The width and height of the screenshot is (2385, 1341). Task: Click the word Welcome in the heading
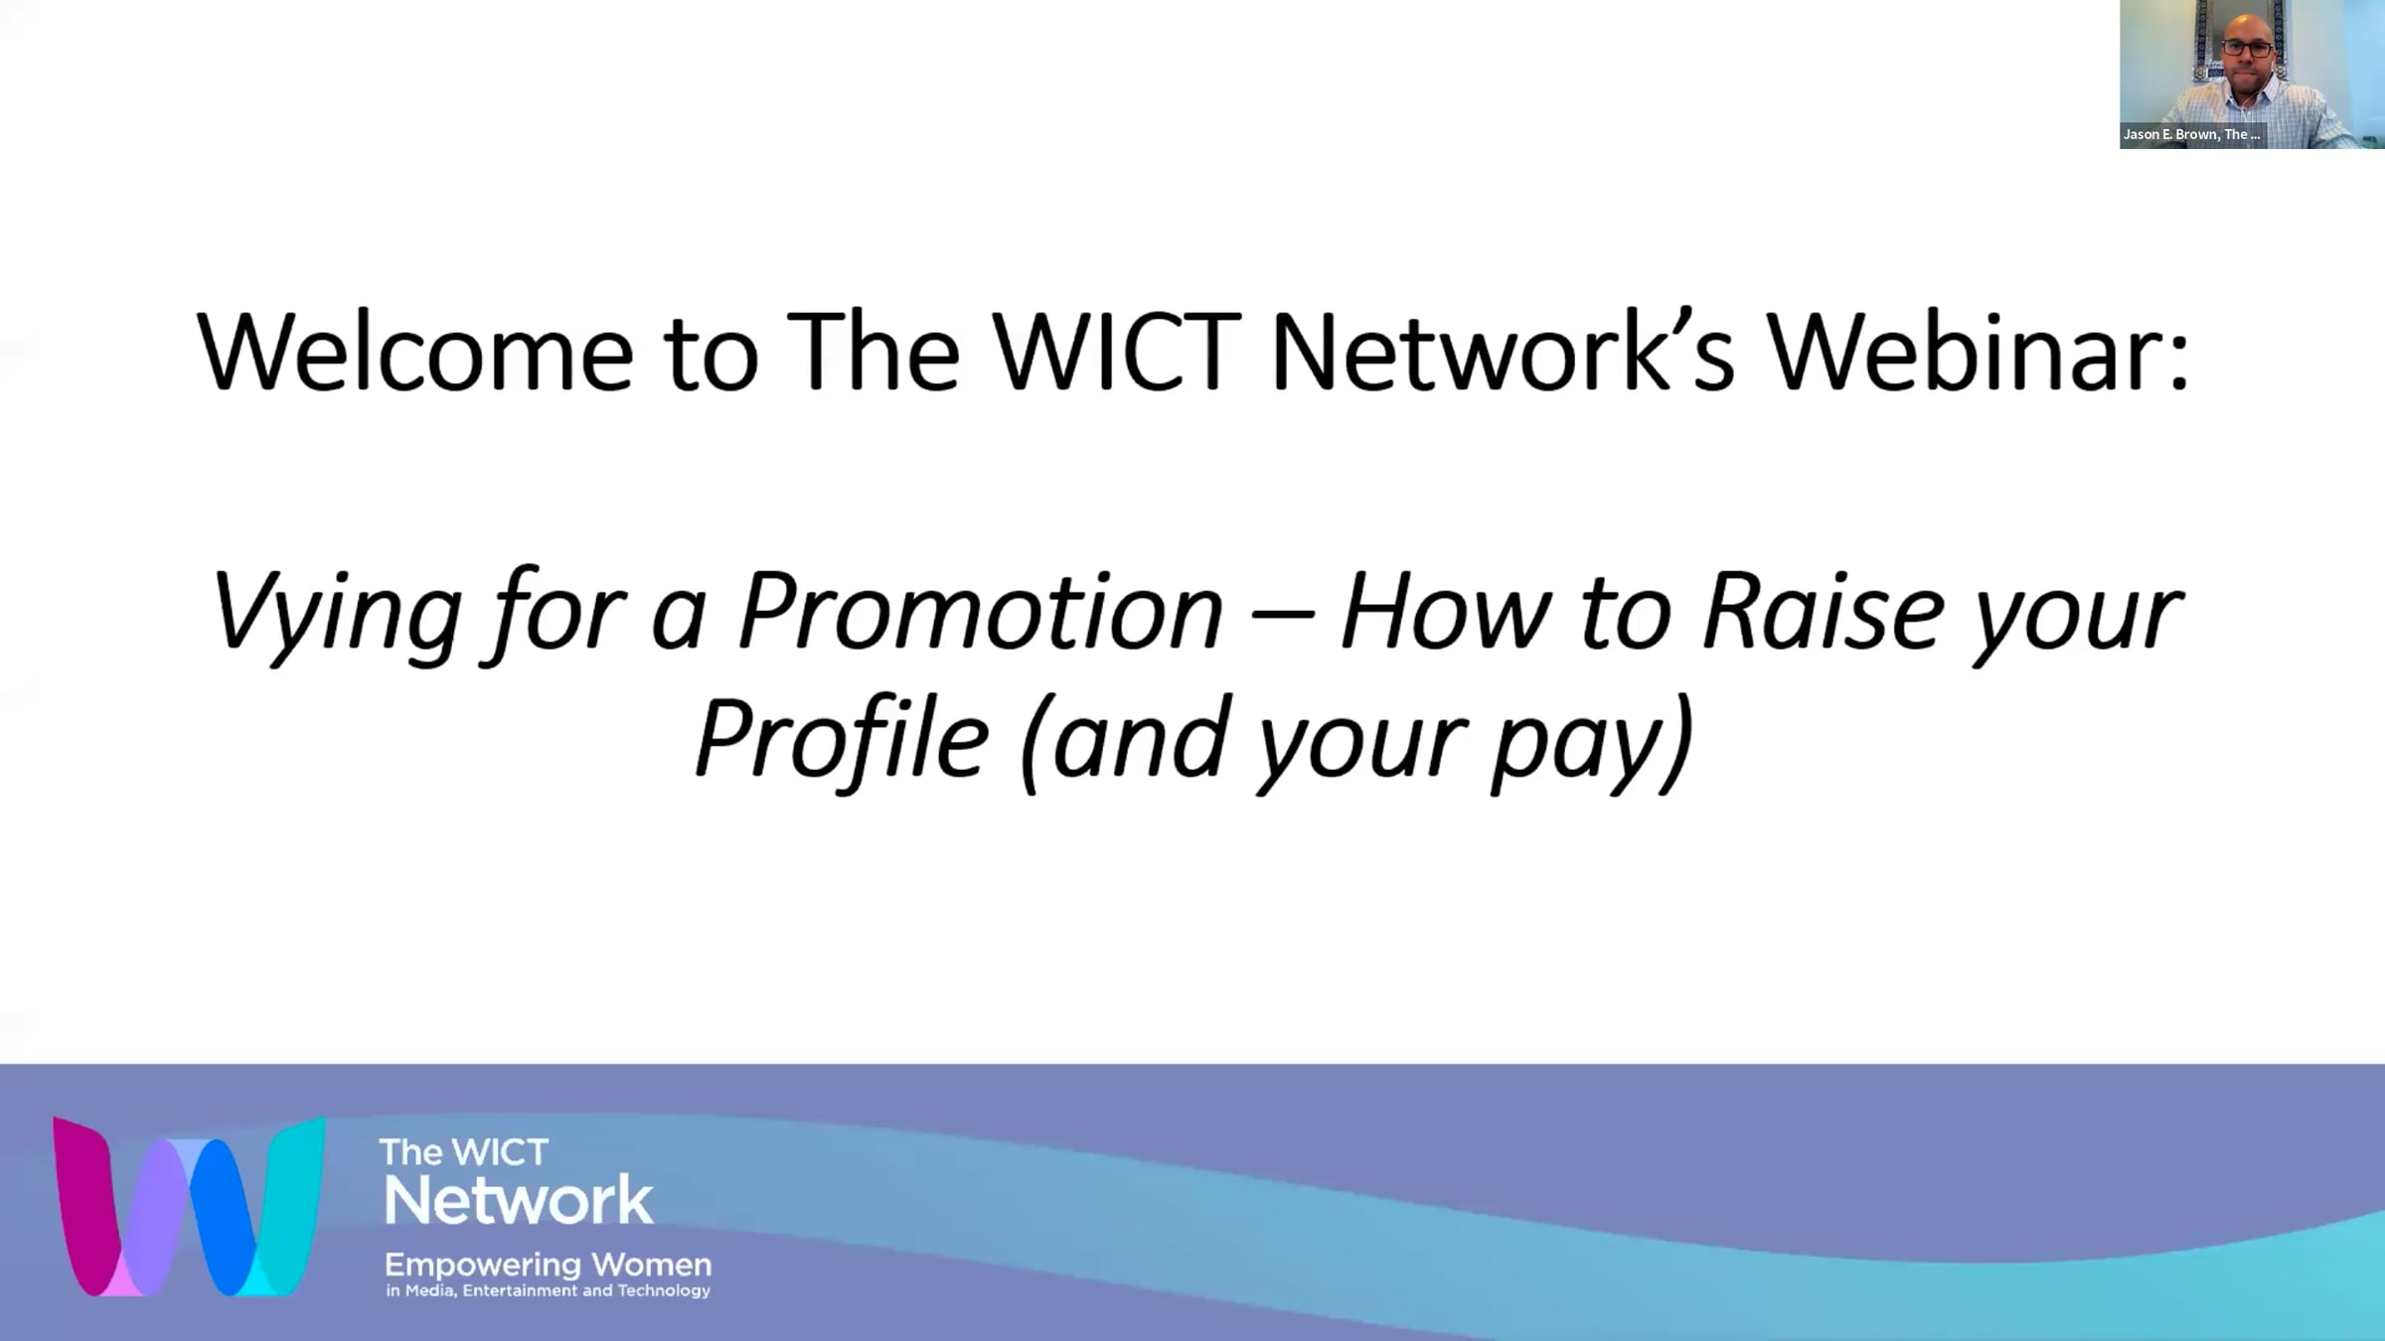point(415,352)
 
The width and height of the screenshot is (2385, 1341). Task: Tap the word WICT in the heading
point(1118,352)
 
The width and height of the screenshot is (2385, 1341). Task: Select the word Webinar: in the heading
point(1978,352)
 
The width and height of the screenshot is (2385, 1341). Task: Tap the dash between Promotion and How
point(1282,618)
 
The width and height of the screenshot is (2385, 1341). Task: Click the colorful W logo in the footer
point(189,1206)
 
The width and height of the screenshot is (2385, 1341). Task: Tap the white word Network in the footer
point(518,1200)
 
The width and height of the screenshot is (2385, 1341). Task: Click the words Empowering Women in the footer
point(548,1265)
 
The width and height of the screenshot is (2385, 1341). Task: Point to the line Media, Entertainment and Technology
point(557,1290)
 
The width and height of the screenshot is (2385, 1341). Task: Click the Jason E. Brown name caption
point(2191,134)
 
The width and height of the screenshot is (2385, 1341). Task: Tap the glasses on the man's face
point(2248,48)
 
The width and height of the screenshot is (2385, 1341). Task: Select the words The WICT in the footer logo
point(463,1152)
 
